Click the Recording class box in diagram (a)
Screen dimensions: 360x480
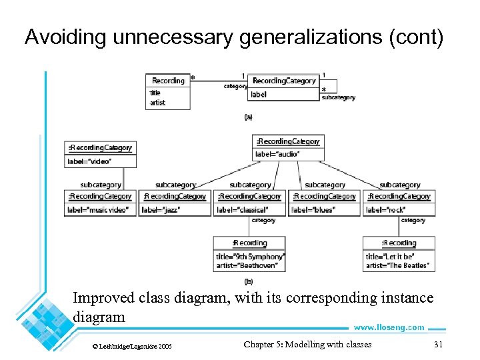tap(168, 91)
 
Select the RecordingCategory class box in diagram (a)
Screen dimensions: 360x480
tap(283, 87)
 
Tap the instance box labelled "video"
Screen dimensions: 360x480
tap(101, 154)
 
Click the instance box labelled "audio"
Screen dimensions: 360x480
tap(289, 147)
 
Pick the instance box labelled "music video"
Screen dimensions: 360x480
tap(101, 203)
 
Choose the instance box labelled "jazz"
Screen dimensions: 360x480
tap(175, 203)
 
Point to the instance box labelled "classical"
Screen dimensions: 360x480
tap(249, 203)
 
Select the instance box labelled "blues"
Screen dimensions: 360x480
tap(324, 203)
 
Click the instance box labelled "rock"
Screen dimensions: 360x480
tap(399, 203)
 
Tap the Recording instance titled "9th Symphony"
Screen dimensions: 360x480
tap(249, 254)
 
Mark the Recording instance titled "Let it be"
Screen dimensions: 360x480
tap(399, 254)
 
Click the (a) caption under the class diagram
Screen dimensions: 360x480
tap(249, 117)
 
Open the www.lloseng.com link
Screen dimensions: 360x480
tap(389, 327)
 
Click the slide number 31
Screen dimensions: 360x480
tap(438, 344)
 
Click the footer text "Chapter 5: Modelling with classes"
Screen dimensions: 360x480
tap(307, 344)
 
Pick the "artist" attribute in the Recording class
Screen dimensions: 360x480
tap(157, 103)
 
